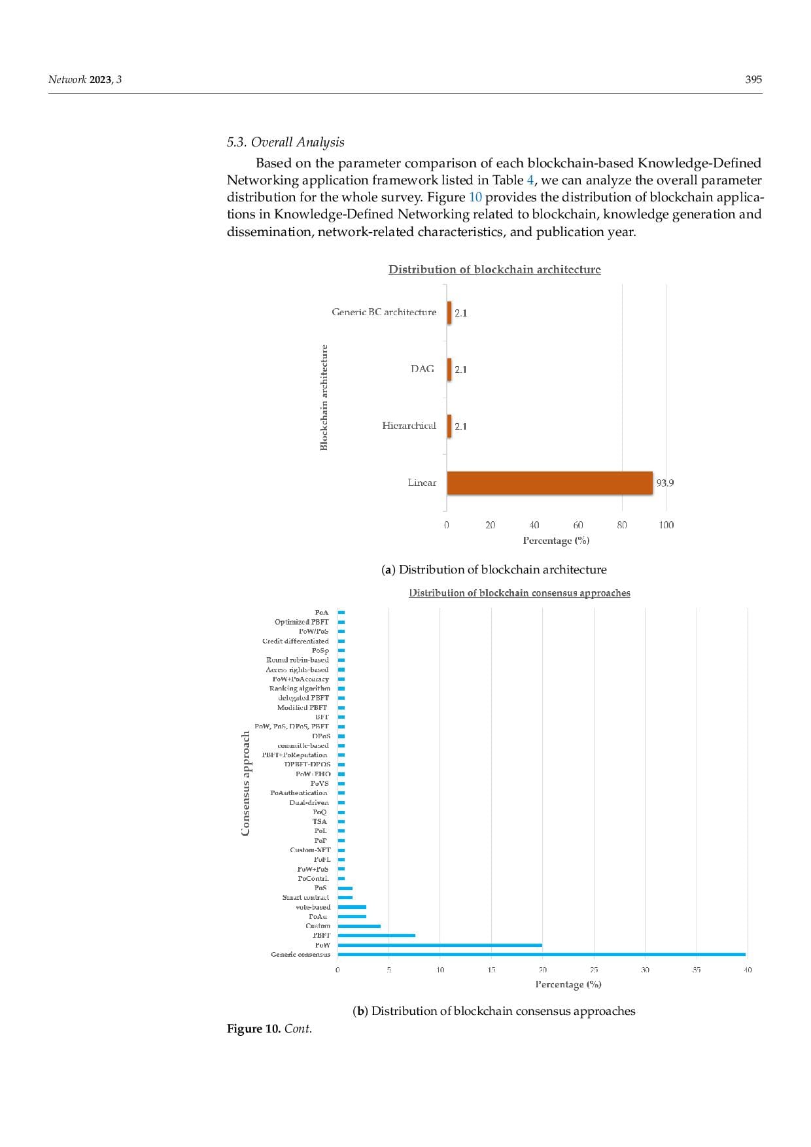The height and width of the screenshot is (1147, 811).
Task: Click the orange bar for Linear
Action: pyautogui.click(x=549, y=483)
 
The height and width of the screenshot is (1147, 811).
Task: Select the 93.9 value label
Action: pyautogui.click(x=664, y=483)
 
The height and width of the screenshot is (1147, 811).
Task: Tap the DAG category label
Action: pyautogui.click(x=422, y=369)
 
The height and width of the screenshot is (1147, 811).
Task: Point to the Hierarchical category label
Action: pyautogui.click(x=409, y=426)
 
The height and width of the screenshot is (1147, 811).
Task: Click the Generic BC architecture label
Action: pyautogui.click(x=384, y=312)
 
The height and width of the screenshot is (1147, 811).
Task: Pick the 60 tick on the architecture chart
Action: pyautogui.click(x=578, y=524)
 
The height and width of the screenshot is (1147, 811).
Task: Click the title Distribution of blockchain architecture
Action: pyautogui.click(x=494, y=269)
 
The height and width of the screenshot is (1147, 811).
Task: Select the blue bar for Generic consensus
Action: pyautogui.click(x=542, y=954)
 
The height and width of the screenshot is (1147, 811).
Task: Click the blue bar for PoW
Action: pyautogui.click(x=440, y=945)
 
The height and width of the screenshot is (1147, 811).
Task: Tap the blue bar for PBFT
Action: pyautogui.click(x=376, y=935)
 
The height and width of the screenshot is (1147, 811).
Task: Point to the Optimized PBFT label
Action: pyautogui.click(x=302, y=622)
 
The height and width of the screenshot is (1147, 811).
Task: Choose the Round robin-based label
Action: pyautogui.click(x=298, y=660)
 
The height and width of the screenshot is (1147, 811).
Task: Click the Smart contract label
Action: pyautogui.click(x=306, y=897)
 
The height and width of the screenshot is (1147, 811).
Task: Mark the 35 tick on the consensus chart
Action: pyautogui.click(x=696, y=969)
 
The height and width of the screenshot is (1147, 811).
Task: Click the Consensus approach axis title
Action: pyautogui.click(x=246, y=783)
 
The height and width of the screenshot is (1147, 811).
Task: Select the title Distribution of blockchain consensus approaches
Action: pyautogui.click(x=519, y=593)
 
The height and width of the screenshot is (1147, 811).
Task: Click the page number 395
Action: pyautogui.click(x=753, y=80)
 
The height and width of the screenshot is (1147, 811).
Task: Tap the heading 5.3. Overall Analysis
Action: pyautogui.click(x=285, y=143)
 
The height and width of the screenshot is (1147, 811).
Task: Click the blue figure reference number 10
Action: pyautogui.click(x=475, y=197)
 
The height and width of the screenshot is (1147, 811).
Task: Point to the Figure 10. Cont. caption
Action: pyautogui.click(x=269, y=1029)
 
